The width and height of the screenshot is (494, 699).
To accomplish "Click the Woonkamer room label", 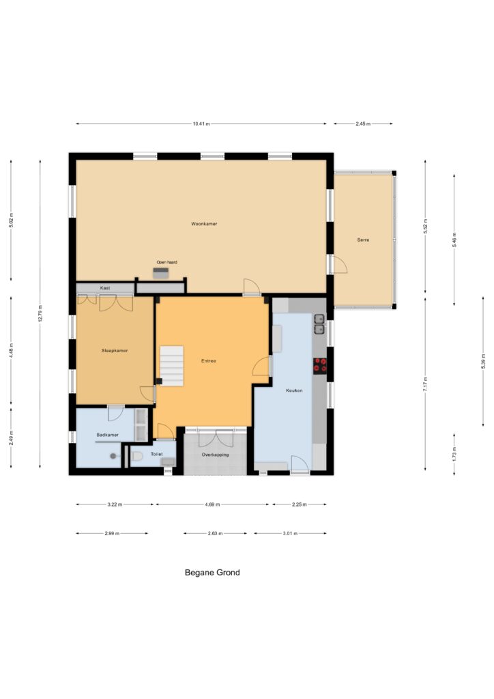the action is [204, 224].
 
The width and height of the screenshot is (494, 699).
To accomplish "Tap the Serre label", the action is [363, 240].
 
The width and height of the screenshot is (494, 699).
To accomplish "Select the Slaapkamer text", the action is [115, 350].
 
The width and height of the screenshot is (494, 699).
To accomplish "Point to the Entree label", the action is [209, 360].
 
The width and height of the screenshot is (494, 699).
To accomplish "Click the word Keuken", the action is [294, 390].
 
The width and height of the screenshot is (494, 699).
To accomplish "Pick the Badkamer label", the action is [107, 435].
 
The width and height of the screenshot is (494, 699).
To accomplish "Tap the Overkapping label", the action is [215, 455].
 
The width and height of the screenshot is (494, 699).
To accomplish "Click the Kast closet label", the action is [104, 288].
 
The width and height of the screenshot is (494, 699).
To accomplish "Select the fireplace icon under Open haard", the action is [161, 273].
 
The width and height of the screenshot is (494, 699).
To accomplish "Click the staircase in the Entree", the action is [171, 366].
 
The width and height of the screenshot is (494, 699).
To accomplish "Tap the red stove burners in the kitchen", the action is [320, 365].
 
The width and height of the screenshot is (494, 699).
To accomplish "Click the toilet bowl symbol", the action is [136, 456].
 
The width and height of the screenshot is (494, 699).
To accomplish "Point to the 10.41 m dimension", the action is [201, 124].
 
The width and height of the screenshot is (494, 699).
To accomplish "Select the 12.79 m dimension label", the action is [40, 313].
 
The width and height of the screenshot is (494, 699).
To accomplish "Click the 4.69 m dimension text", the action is [212, 504].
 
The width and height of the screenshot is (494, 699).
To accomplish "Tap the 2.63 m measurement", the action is [215, 533].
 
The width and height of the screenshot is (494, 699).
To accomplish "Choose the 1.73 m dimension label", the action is [454, 454].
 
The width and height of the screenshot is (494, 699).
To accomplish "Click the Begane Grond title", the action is [212, 573].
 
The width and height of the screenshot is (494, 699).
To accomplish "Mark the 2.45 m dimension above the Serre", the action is [362, 124].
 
